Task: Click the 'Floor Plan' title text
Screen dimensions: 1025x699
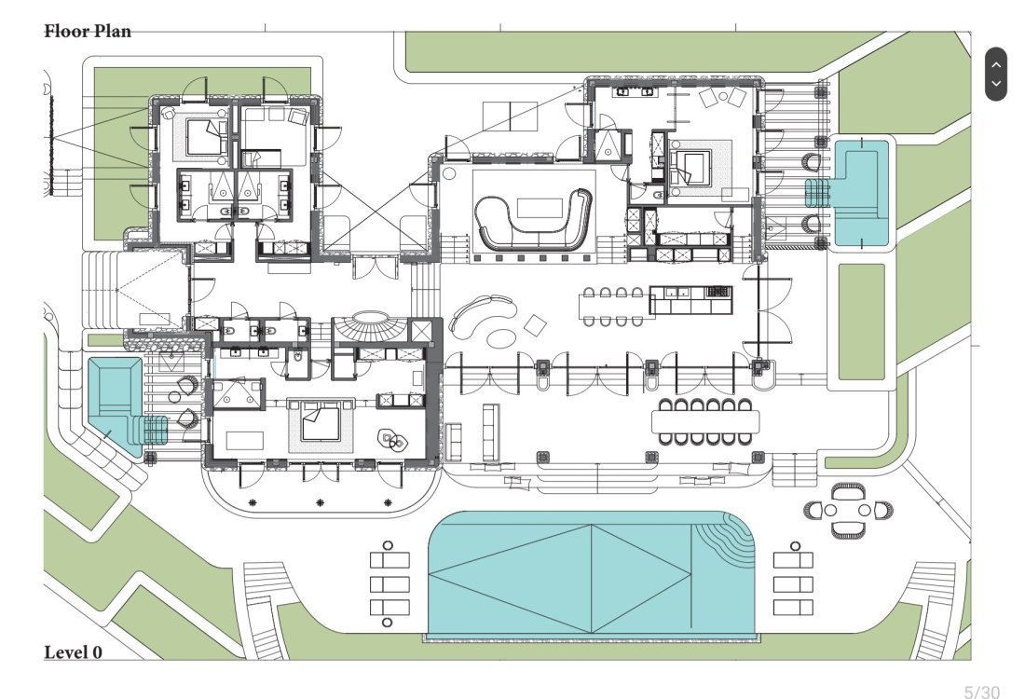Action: [x=88, y=31]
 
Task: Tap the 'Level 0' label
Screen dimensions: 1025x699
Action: [x=74, y=651]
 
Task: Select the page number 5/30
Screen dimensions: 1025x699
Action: [x=982, y=692]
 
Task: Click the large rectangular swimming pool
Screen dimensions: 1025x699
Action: [x=592, y=573]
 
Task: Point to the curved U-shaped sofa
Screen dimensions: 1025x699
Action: [x=533, y=220]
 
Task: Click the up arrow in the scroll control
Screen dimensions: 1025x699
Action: [x=995, y=64]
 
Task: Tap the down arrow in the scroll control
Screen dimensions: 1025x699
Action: [x=995, y=84]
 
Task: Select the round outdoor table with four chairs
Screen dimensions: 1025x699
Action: [x=848, y=510]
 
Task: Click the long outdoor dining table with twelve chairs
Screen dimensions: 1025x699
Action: [x=706, y=422]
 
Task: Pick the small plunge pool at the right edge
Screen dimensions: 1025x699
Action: [x=860, y=194]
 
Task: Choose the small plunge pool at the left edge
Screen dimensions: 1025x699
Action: [x=116, y=405]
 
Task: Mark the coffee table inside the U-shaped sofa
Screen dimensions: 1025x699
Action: [x=540, y=209]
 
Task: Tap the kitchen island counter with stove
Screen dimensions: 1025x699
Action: [x=691, y=300]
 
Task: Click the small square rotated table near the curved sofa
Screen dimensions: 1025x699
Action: [x=536, y=325]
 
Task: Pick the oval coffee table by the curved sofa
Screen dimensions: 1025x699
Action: [x=500, y=338]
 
